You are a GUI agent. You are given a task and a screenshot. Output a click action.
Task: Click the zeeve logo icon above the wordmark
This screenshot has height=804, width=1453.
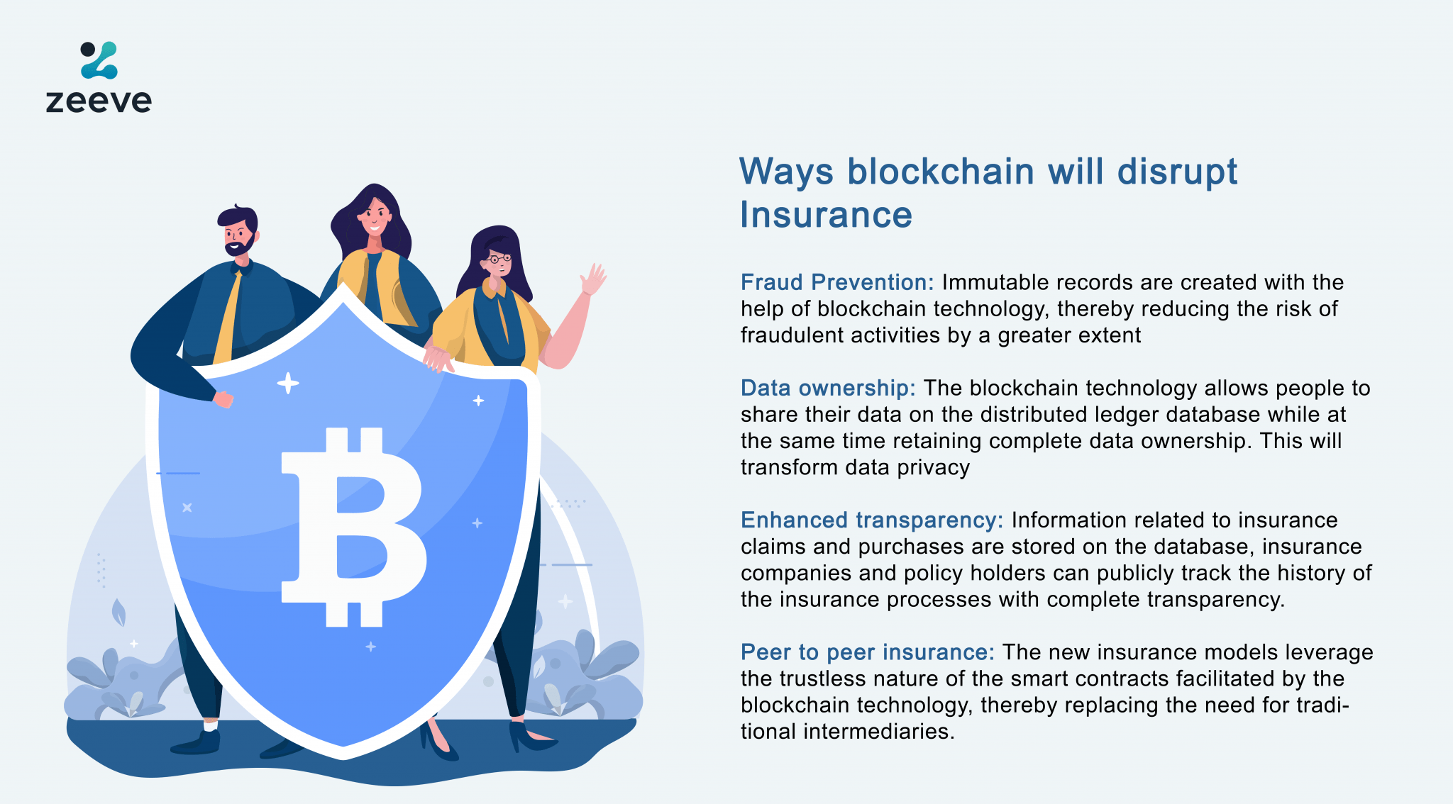[99, 60]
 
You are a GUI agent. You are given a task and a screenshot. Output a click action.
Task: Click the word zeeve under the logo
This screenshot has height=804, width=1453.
[99, 101]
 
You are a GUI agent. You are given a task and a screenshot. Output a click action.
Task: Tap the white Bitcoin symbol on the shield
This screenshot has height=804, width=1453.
[353, 527]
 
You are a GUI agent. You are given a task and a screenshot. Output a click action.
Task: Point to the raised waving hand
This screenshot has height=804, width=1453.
[592, 279]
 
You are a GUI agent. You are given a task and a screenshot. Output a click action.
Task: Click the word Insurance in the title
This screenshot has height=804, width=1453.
[826, 215]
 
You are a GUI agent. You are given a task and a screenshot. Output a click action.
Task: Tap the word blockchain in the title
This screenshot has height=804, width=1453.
[940, 172]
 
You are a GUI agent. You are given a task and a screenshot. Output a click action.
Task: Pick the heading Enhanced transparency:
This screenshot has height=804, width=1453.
[871, 520]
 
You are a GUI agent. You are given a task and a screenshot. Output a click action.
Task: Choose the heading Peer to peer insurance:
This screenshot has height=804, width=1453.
[867, 652]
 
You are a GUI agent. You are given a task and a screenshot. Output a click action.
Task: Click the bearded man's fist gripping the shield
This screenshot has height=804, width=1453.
[223, 399]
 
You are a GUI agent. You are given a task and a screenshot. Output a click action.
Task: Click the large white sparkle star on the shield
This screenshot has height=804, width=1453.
[287, 384]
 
